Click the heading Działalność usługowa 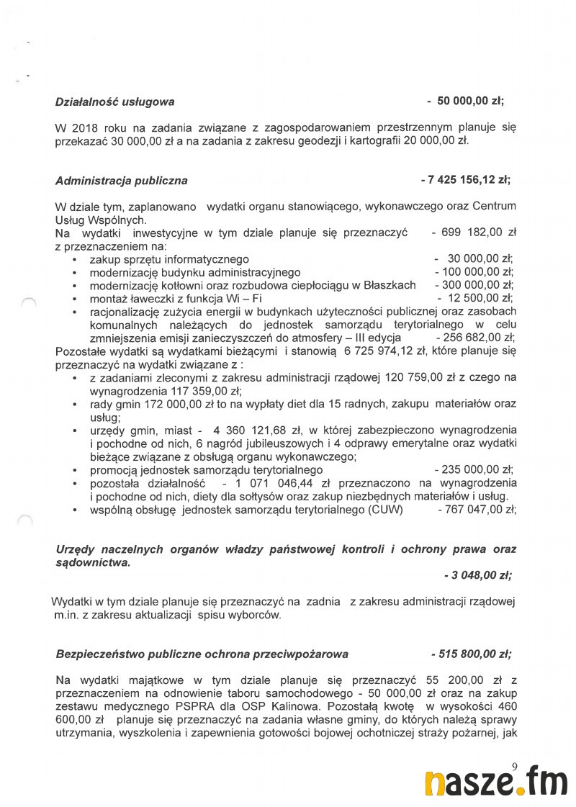click(x=114, y=102)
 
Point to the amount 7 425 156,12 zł click(x=469, y=180)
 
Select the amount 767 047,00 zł click(x=480, y=510)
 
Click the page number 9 click(x=514, y=766)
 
